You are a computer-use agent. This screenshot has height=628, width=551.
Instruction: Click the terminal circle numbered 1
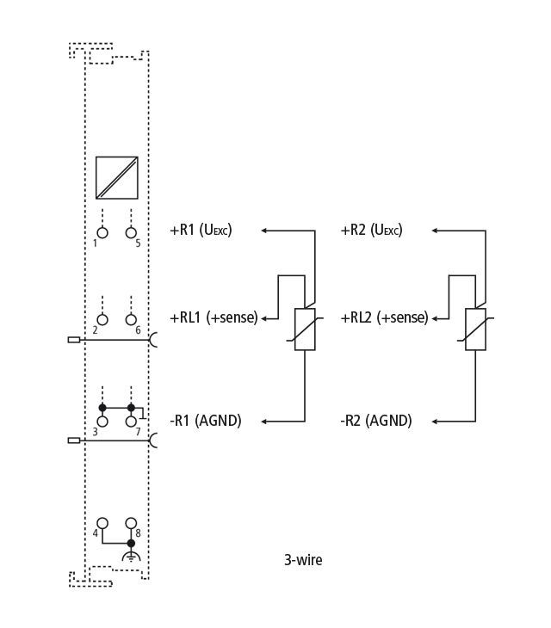tap(102, 232)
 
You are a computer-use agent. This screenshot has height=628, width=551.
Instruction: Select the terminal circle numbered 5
tap(131, 232)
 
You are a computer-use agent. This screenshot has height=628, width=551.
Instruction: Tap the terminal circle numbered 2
tap(102, 320)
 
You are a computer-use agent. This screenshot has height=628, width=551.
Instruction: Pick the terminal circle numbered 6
tap(131, 320)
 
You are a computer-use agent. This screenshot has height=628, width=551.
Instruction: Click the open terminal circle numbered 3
tap(102, 422)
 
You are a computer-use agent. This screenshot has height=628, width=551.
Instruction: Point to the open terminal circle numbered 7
tap(131, 422)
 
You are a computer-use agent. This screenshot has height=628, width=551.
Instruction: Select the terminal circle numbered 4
tap(102, 523)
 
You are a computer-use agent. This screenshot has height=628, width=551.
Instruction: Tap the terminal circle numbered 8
tap(131, 523)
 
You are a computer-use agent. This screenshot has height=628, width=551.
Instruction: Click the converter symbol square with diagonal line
tap(117, 178)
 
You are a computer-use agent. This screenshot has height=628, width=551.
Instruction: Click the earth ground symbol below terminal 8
tap(131, 557)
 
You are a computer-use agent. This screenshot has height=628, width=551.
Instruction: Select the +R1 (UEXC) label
tap(201, 231)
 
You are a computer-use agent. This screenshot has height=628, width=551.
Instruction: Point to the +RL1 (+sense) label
tap(214, 317)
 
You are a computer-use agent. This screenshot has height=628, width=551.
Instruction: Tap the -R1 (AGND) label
tap(206, 421)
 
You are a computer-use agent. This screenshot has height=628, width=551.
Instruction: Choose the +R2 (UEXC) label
tap(371, 231)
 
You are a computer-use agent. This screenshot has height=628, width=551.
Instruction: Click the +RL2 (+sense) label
tap(384, 317)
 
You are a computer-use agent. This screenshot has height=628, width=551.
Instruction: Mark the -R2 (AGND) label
tap(376, 421)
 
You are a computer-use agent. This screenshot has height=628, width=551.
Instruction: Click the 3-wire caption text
tap(303, 560)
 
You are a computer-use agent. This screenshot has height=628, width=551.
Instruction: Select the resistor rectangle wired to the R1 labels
tap(305, 329)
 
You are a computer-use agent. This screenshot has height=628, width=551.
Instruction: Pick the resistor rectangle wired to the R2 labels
tap(475, 329)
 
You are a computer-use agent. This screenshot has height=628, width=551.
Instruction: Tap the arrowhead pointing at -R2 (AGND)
tap(435, 422)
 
